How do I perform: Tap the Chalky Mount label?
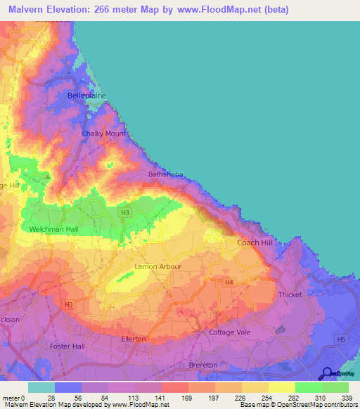(104, 134)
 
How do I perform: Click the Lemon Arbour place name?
(157, 267)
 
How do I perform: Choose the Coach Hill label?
(254, 242)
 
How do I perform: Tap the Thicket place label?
(290, 295)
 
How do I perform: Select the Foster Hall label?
(67, 346)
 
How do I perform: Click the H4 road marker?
(228, 282)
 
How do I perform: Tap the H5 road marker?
(340, 339)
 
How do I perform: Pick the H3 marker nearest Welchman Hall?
(125, 212)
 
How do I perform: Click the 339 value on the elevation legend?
(347, 398)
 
